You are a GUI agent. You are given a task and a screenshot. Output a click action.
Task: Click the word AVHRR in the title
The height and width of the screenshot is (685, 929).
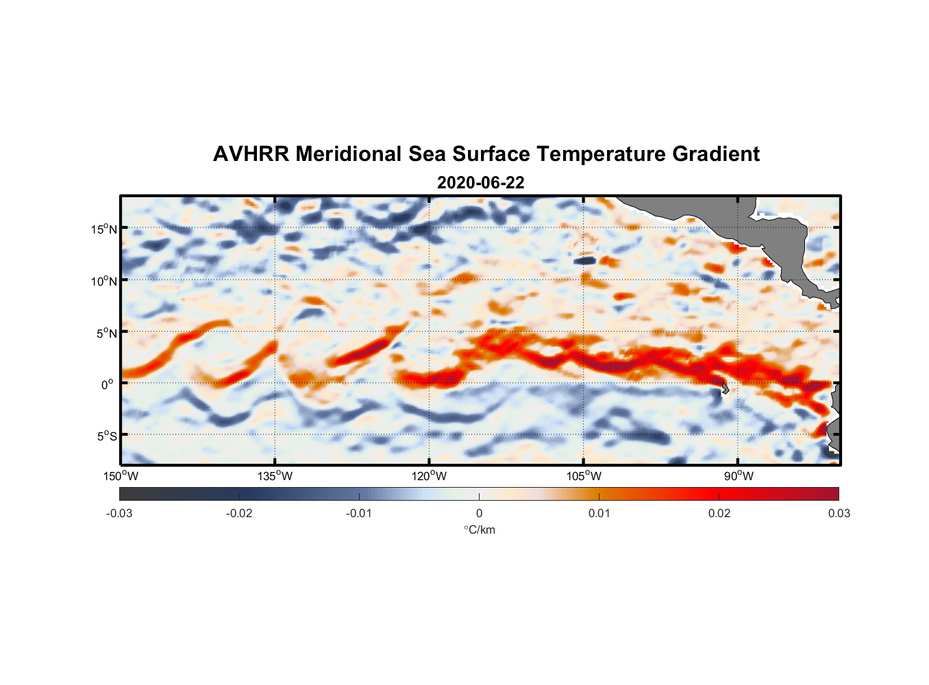pos(251,154)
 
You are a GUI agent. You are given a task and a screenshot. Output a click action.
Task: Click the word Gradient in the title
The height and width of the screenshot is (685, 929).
pos(715,154)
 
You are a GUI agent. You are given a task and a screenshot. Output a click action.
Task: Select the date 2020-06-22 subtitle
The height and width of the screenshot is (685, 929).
pos(480,183)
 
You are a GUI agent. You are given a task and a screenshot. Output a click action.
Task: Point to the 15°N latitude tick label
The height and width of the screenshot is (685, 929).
pos(104,229)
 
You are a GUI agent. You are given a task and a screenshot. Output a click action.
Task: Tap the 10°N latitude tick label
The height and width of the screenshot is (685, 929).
pos(104,281)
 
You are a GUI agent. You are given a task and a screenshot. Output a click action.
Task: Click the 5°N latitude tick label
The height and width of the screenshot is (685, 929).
pos(107,333)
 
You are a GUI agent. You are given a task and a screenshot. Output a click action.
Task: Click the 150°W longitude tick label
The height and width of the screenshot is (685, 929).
pos(121,476)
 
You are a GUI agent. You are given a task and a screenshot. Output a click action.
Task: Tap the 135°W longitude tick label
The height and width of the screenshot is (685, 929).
pos(275,476)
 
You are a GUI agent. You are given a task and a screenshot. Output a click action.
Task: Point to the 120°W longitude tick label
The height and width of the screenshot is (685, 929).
pos(430,476)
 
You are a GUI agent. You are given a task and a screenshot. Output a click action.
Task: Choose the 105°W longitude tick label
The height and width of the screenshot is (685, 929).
pos(584,476)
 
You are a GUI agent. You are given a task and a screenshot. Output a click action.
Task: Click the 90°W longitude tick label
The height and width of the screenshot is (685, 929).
pos(738,476)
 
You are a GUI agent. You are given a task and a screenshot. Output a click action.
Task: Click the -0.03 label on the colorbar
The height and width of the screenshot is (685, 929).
pos(119,513)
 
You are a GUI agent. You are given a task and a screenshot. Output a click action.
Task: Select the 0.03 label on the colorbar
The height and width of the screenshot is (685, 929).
pos(839,513)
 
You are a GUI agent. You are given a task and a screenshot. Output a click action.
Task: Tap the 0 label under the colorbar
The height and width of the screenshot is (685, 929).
pos(479,513)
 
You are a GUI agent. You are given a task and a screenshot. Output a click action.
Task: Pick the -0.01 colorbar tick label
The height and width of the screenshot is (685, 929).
pos(359,513)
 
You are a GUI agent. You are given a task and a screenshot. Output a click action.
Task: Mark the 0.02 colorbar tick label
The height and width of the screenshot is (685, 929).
pos(719,513)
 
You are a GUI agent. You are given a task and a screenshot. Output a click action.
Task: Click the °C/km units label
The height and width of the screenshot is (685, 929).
pos(479,530)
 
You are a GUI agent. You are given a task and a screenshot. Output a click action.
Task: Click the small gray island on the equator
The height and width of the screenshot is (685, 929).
pos(725,388)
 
